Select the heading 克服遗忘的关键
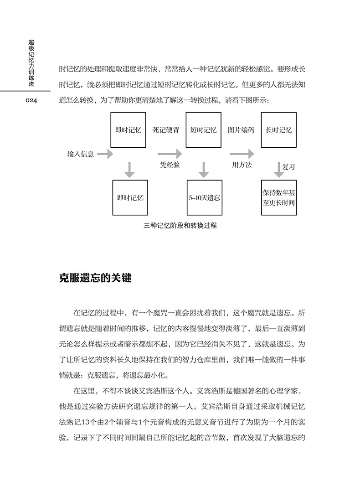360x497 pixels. point(95,278)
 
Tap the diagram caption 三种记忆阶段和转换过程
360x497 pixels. point(180,225)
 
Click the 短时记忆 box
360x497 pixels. point(204,129)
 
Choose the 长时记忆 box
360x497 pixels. point(278,129)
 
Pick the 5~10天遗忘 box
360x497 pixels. point(204,197)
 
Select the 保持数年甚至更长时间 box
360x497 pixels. point(278,197)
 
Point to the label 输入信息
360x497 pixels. point(81,154)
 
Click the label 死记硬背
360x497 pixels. point(166,130)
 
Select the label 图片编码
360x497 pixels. point(241,130)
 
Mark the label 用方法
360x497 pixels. point(242,165)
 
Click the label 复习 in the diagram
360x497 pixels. point(289,167)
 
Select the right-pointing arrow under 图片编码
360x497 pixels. point(242,154)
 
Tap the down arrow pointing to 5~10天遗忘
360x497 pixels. point(204,169)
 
